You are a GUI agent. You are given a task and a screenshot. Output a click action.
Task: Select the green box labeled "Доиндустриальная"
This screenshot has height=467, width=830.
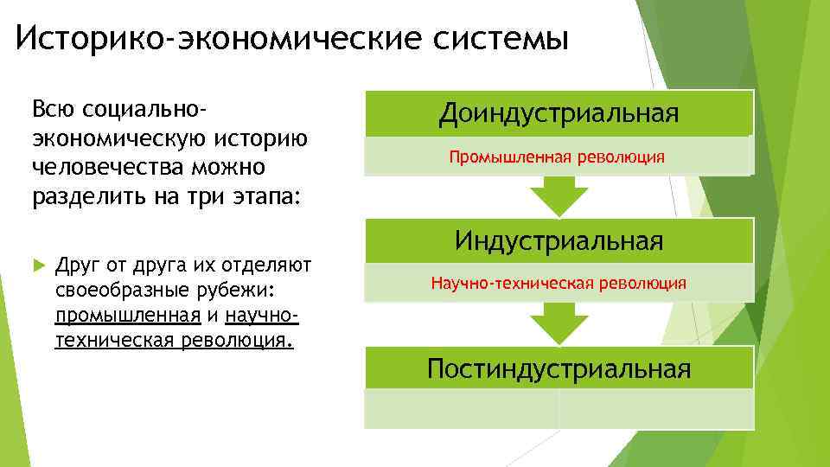click(559, 113)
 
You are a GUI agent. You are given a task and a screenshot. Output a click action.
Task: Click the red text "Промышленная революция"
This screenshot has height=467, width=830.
click(557, 157)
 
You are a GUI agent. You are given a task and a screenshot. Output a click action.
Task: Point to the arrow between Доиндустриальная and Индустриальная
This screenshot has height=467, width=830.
click(559, 197)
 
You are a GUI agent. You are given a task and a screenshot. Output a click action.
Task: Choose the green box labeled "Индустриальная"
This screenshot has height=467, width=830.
click(559, 240)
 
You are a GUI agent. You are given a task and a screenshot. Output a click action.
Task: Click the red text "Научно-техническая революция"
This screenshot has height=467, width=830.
click(559, 283)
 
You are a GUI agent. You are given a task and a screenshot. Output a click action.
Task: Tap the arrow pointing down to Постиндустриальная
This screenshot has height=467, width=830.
click(559, 323)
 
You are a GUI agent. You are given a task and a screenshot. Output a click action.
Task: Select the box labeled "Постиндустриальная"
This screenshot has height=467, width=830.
click(559, 369)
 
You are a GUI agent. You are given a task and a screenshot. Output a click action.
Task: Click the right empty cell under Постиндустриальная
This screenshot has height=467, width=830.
click(655, 409)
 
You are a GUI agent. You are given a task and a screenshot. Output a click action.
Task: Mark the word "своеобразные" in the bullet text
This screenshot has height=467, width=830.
click(116, 288)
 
